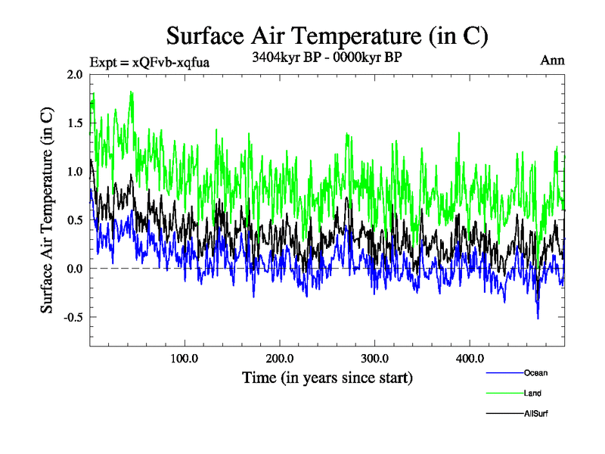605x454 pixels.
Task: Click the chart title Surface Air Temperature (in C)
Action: tap(327, 36)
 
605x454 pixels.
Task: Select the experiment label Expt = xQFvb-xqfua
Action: tap(149, 62)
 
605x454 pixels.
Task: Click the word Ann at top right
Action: tap(552, 61)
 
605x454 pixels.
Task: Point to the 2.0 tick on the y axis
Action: tap(75, 74)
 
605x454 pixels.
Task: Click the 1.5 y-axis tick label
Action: tap(75, 123)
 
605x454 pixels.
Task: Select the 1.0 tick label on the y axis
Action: tap(75, 171)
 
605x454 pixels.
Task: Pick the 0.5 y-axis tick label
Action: tap(75, 219)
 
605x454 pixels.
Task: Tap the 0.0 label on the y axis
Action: tap(75, 269)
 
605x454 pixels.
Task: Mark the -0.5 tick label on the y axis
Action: tap(73, 317)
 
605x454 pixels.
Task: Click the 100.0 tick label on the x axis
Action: tap(185, 358)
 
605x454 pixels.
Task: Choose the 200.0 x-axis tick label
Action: tap(280, 358)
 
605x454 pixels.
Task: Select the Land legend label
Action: tap(532, 393)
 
